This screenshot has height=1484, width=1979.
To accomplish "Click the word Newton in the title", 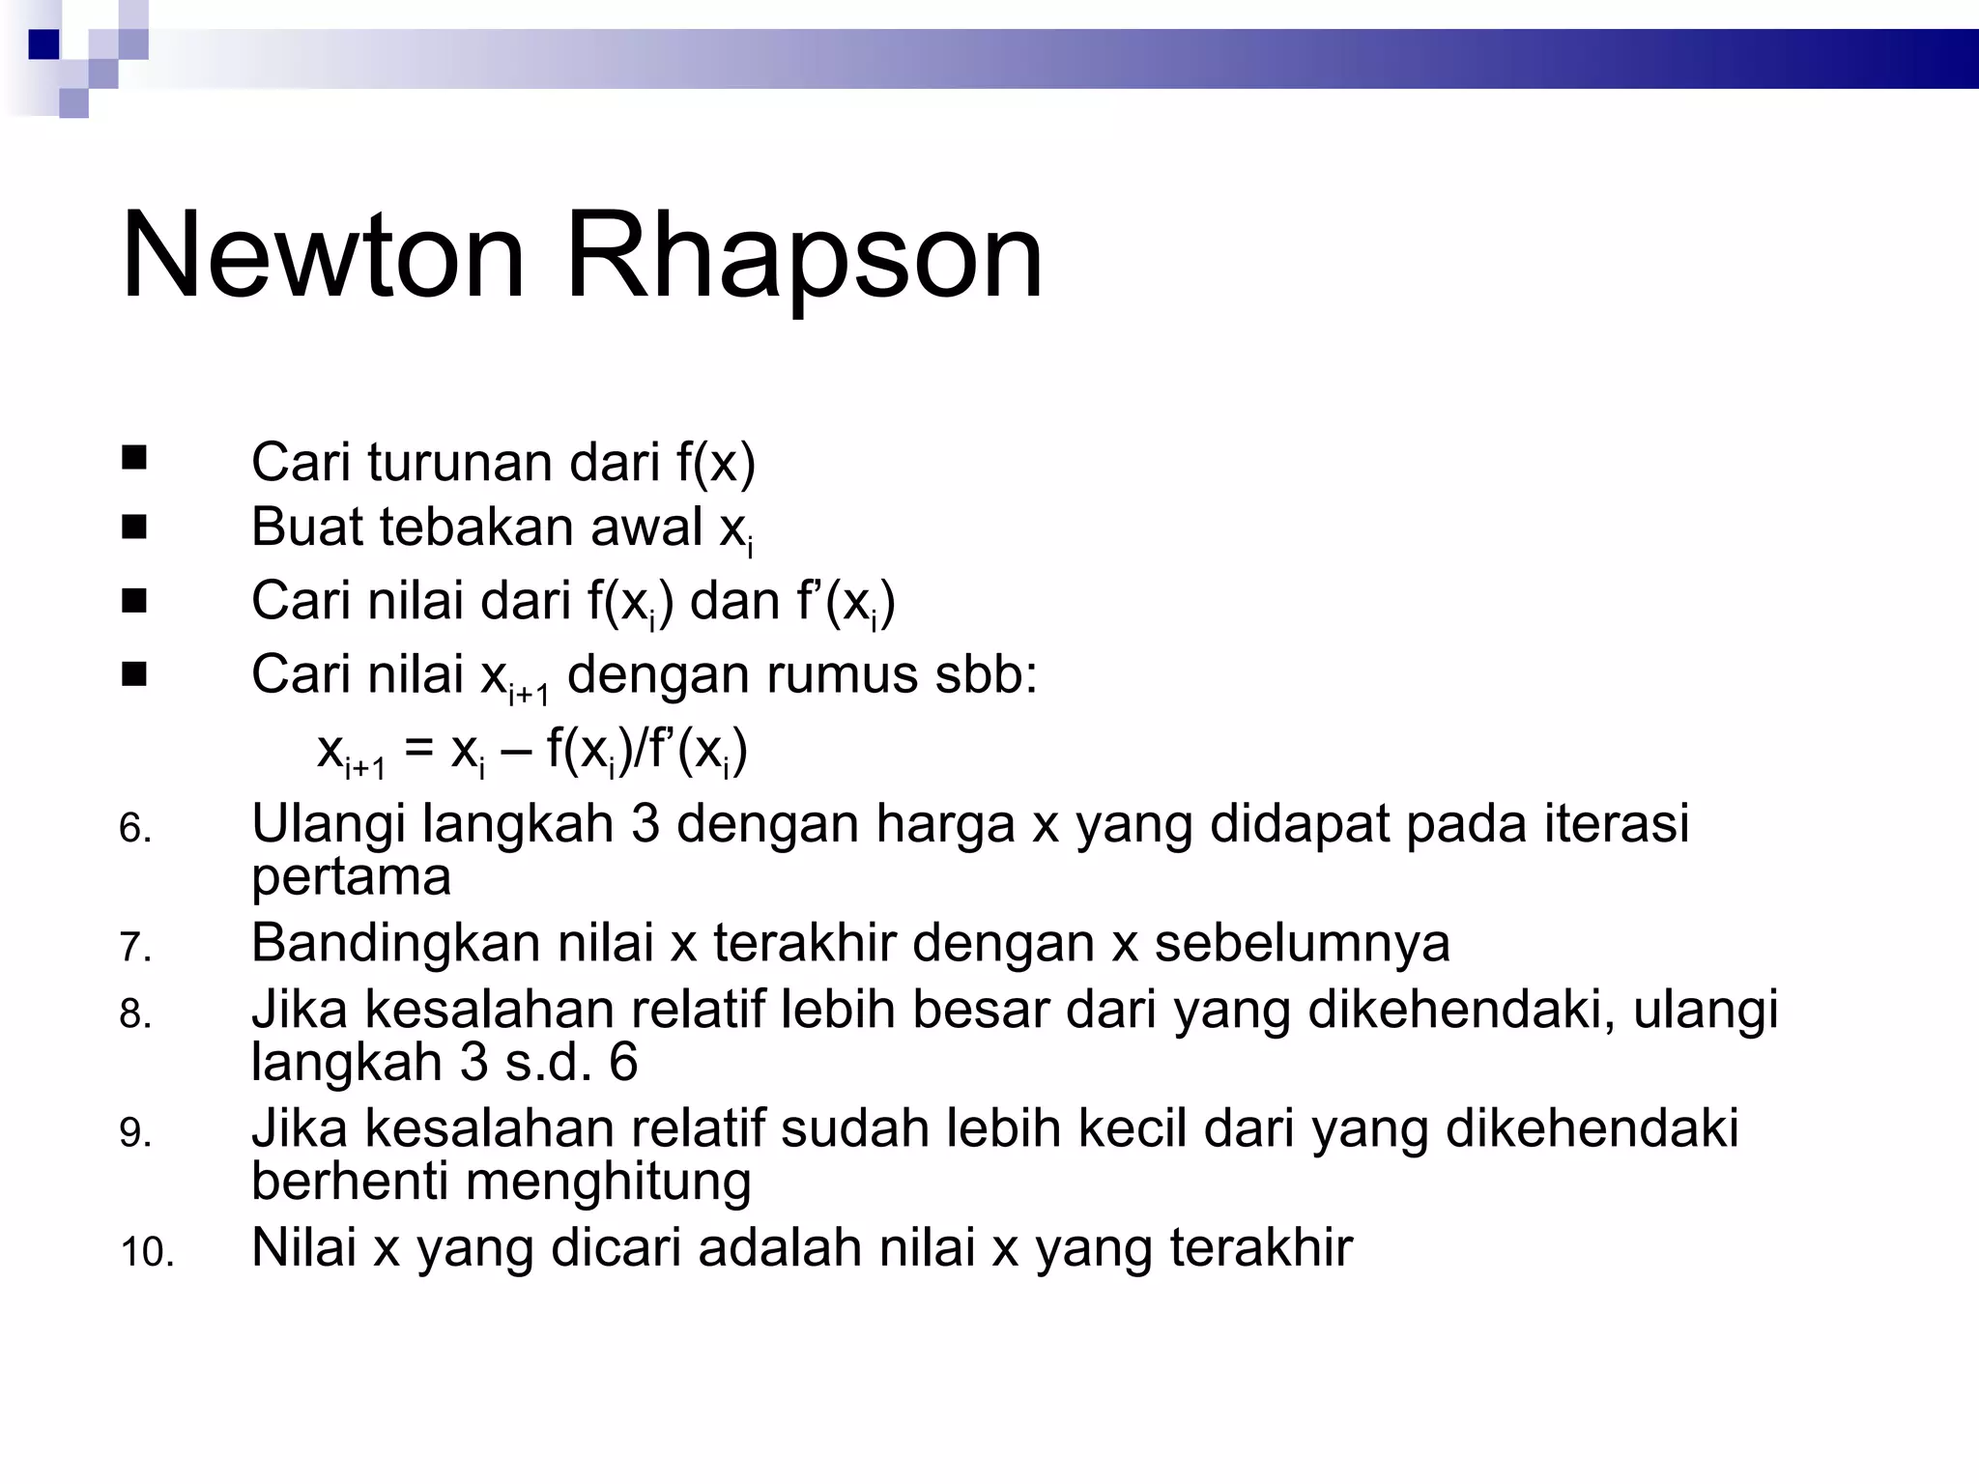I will click(x=323, y=256).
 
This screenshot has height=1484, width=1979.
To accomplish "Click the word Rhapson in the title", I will click(x=804, y=256).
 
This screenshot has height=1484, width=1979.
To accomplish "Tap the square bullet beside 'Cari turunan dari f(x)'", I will click(x=134, y=457).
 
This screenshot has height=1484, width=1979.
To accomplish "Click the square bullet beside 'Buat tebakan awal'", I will click(x=134, y=528).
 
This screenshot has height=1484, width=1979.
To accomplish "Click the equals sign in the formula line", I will click(x=418, y=749).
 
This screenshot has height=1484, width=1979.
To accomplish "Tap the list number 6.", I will click(x=135, y=829).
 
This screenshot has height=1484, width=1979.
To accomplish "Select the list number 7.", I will click(x=135, y=947).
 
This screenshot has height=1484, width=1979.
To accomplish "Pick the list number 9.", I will click(x=135, y=1132).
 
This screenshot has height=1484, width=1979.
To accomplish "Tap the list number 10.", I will click(x=147, y=1252).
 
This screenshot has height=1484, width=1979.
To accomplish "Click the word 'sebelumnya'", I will click(x=1302, y=943).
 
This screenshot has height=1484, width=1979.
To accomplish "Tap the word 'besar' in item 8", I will click(x=987, y=1010).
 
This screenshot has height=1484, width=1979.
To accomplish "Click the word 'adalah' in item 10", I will click(x=780, y=1247).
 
